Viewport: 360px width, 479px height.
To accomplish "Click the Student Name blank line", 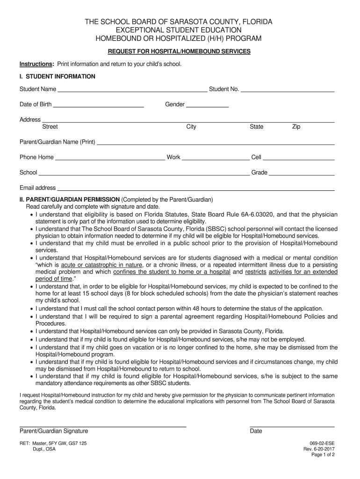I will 132,89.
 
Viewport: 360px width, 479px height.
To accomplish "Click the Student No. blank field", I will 288,89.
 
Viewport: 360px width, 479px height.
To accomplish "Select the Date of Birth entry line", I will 98,105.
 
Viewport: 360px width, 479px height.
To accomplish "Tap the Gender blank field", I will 207,105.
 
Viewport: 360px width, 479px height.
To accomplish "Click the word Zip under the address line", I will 296,127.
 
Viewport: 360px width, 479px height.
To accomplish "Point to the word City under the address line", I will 191,127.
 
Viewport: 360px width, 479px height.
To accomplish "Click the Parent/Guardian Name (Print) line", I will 215,142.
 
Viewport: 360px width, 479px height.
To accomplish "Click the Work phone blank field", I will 216,158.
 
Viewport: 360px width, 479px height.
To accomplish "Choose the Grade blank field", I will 302,173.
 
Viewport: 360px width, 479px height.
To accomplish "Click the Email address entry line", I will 195,188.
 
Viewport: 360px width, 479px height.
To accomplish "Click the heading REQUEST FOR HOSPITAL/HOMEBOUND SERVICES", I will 179,51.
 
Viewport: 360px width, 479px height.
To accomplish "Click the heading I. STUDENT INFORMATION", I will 57,76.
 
